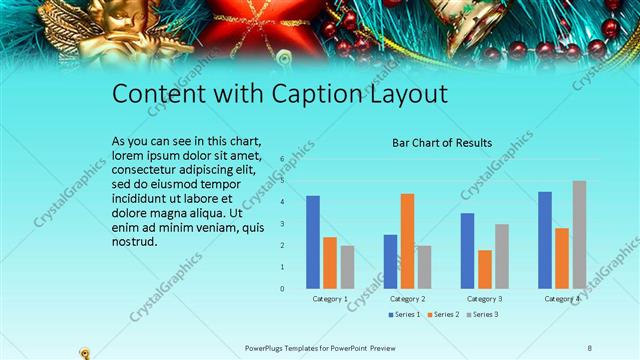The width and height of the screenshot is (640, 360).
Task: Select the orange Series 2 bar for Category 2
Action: (x=407, y=241)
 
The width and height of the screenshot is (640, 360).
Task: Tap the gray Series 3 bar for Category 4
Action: (x=579, y=235)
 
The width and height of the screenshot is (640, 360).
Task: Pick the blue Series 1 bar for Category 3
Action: (x=467, y=251)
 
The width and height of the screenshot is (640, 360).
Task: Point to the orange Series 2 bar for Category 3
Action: (x=485, y=269)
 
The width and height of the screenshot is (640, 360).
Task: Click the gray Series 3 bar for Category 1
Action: (x=347, y=267)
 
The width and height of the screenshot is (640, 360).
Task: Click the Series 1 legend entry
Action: (x=403, y=315)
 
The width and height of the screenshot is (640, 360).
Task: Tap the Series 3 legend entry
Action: (x=482, y=315)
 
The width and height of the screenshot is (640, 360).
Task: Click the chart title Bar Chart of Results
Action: (x=441, y=143)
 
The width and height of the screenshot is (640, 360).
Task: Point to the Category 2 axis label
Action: (x=407, y=299)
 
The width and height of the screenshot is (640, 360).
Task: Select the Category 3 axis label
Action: (x=485, y=299)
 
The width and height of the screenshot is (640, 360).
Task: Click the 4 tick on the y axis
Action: (x=282, y=202)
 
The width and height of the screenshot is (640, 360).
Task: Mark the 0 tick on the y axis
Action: (x=282, y=289)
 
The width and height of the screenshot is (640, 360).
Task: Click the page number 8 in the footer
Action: (x=590, y=348)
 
